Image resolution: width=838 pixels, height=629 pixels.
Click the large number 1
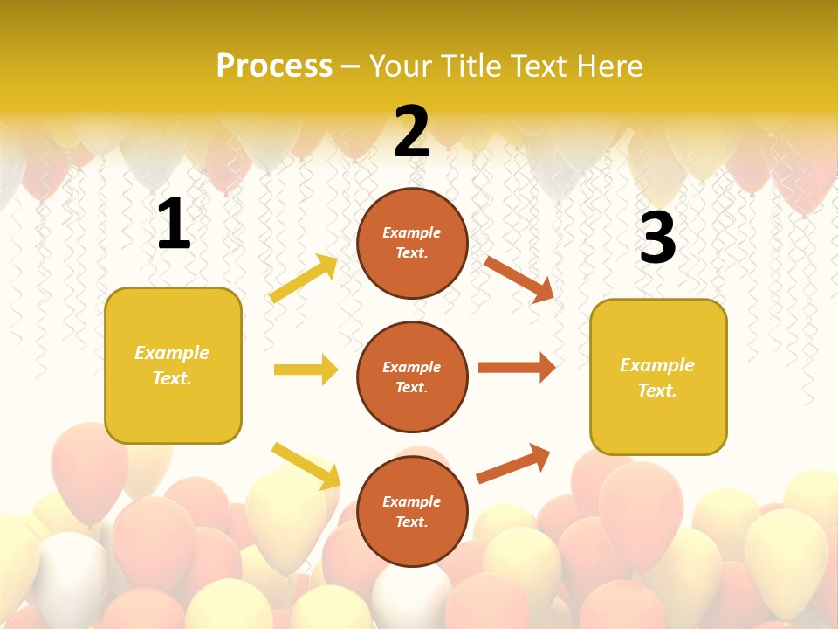(x=174, y=225)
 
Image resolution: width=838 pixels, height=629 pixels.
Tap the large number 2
(x=412, y=132)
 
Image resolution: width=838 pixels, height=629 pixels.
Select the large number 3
(x=657, y=238)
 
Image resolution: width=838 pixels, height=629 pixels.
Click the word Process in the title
(x=274, y=66)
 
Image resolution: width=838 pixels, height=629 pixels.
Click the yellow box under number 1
(x=173, y=365)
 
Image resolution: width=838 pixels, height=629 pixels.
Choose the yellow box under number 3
(x=658, y=377)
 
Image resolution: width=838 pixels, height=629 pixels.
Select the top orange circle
(x=412, y=243)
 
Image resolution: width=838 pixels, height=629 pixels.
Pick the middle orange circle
(x=412, y=377)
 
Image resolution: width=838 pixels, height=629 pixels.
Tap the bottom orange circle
(x=412, y=511)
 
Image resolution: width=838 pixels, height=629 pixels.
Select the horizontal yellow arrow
(x=306, y=370)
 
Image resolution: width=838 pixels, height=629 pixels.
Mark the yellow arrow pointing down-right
(x=306, y=466)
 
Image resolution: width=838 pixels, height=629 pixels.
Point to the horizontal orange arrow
(x=517, y=367)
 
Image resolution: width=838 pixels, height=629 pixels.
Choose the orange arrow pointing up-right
(x=513, y=463)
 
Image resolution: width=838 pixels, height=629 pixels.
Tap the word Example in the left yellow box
(x=172, y=353)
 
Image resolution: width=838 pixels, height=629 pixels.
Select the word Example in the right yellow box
(x=657, y=365)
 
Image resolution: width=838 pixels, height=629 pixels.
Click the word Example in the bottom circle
(x=412, y=501)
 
